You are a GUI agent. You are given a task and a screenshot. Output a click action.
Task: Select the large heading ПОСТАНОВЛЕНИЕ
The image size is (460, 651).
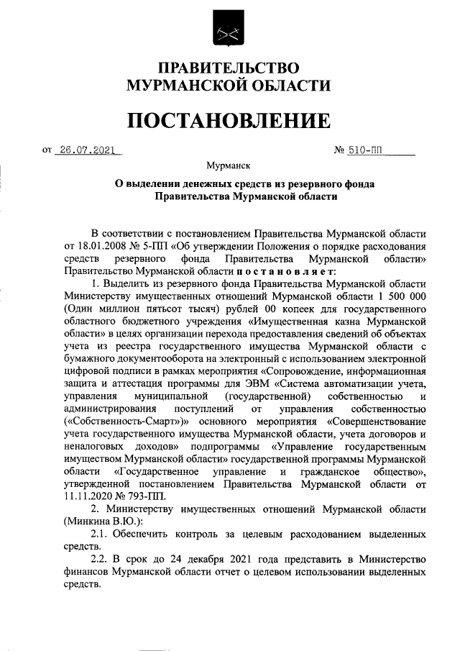tap(229, 119)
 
